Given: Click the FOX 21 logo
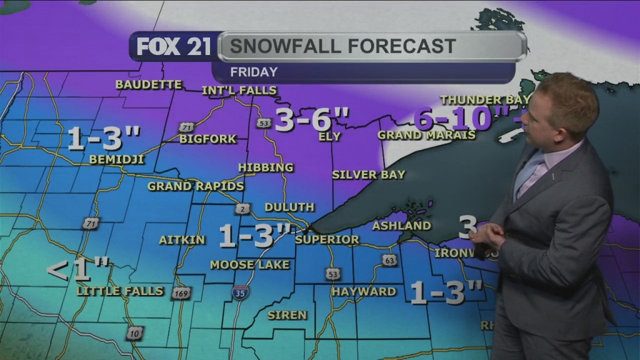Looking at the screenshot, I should point(174,47).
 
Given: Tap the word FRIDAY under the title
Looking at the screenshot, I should point(253,72).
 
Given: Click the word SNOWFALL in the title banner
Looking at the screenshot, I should point(281,46).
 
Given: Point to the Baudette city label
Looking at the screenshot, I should point(149,84).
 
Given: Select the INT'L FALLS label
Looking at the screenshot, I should point(239,91).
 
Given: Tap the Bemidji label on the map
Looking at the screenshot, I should point(117,159).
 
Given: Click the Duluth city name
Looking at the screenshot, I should point(289,207).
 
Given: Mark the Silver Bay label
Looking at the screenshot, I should point(369,174).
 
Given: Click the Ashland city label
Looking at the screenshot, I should point(402,226).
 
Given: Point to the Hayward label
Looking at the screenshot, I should point(364,291).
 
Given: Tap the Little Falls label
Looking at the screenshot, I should point(120,291).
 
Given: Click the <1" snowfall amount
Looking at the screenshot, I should point(79,271).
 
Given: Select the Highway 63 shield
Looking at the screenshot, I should point(389,260).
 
